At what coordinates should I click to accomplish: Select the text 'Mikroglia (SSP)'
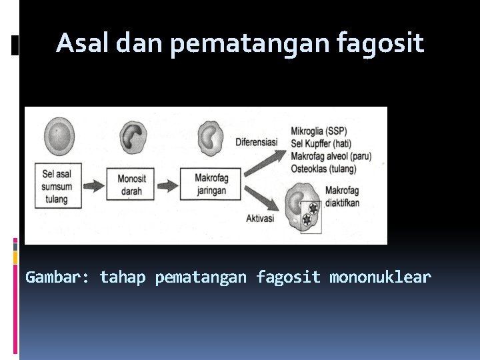click(322, 131)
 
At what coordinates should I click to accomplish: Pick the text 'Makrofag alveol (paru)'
click(331, 156)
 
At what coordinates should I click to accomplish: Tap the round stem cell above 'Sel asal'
click(59, 136)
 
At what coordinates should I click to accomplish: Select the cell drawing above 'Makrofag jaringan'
click(214, 137)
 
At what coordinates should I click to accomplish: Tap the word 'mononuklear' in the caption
click(380, 277)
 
